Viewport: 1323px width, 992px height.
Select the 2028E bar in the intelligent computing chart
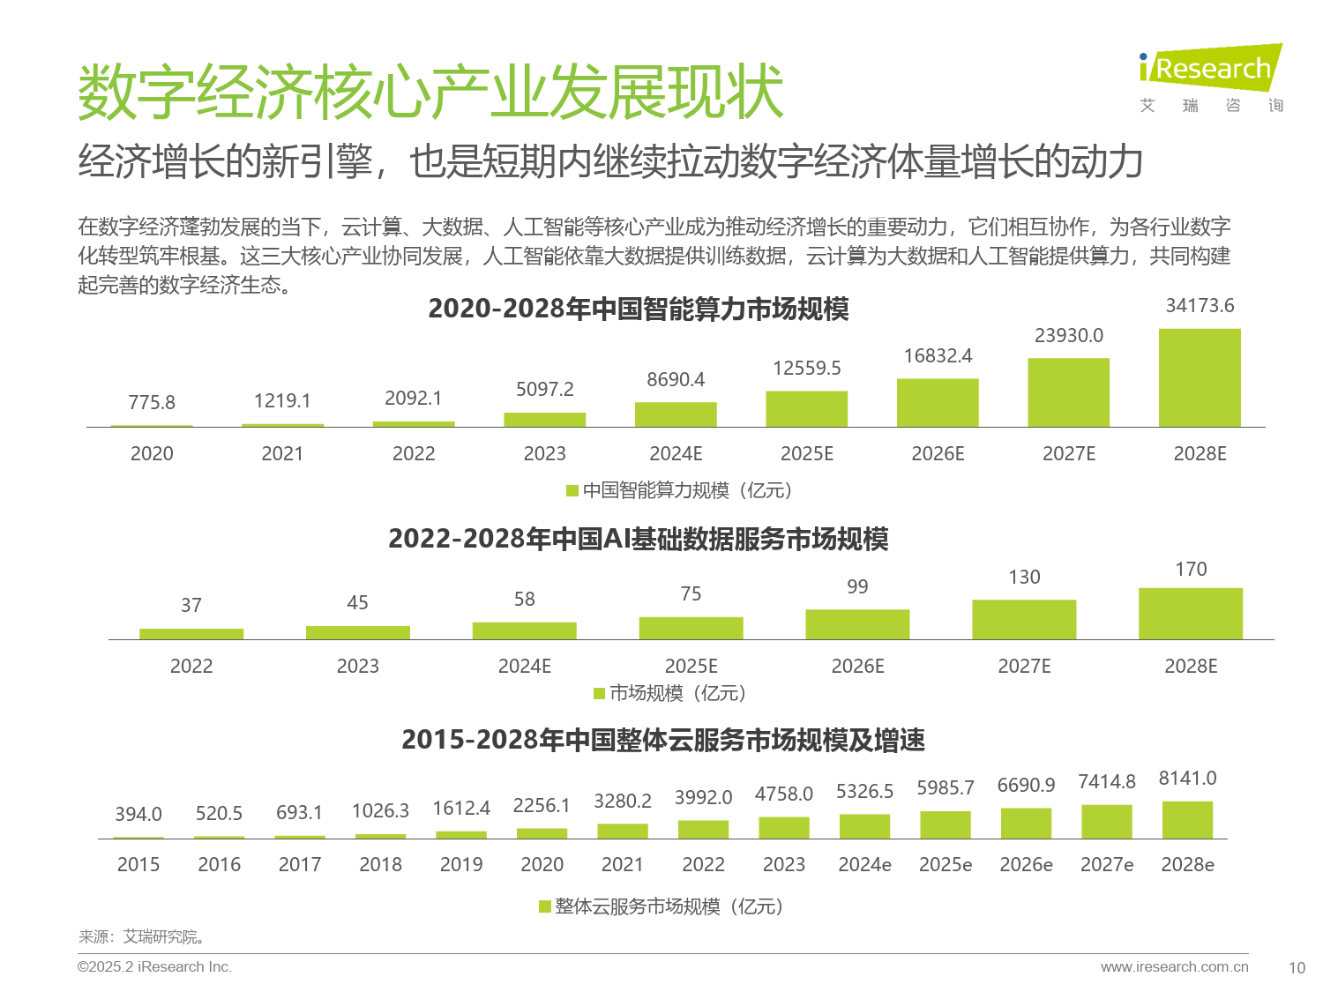click(1200, 378)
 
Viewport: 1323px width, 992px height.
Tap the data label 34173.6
click(1200, 306)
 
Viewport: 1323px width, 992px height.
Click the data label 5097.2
click(544, 390)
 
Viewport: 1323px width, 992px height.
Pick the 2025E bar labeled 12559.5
click(806, 409)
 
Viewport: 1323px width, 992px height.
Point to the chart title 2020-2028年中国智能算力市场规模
click(638, 310)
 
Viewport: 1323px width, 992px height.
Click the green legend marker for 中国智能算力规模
click(572, 490)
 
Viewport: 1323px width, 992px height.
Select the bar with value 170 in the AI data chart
click(1191, 614)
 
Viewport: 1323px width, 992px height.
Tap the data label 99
click(857, 587)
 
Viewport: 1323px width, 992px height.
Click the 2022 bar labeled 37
click(191, 634)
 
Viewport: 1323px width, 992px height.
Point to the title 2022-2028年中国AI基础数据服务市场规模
click(638, 539)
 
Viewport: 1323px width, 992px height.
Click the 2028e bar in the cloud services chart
click(1187, 820)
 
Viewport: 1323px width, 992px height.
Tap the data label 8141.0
click(1187, 779)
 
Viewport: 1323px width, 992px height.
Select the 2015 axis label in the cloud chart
click(138, 865)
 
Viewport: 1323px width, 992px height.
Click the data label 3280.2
click(622, 802)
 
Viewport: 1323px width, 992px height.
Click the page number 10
click(1297, 968)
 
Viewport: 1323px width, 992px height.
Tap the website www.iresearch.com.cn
click(1174, 967)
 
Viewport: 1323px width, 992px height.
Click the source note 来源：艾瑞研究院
click(142, 937)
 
